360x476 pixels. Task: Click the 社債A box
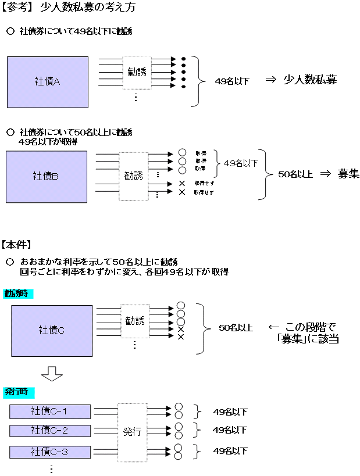coord(47,81)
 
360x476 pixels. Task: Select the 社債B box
coord(47,176)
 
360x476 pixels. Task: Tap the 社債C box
coord(52,330)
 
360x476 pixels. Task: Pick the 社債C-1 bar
coord(50,411)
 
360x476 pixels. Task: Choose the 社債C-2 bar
coord(50,431)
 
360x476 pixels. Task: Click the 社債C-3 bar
coord(50,451)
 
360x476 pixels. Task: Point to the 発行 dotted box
coord(132,431)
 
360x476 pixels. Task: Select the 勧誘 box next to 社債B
coord(133,176)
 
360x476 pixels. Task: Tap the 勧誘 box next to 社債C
coord(135,321)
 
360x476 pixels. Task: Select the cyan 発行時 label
coord(18,391)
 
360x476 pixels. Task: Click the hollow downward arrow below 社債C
coord(52,373)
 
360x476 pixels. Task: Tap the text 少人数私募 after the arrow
coord(310,80)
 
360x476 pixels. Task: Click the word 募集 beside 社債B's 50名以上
coord(348,174)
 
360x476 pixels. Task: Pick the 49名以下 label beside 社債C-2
coord(230,431)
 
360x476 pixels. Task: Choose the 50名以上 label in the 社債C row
coord(236,328)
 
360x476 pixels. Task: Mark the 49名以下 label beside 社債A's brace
coord(232,81)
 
